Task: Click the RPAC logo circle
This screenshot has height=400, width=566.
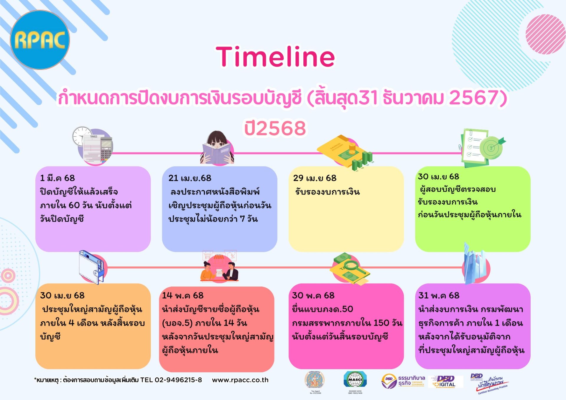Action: click(40, 40)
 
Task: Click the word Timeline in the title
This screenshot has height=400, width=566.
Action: click(275, 57)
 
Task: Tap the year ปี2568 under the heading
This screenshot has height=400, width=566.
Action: click(275, 128)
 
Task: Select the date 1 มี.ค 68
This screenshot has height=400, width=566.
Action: click(57, 178)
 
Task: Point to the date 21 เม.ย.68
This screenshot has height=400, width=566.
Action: click(190, 178)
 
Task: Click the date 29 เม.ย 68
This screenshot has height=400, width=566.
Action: click(315, 178)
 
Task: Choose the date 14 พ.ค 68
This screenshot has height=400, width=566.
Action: click(183, 295)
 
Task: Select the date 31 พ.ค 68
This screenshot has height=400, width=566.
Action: click(439, 295)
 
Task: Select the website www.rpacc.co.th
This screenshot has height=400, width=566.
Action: click(240, 380)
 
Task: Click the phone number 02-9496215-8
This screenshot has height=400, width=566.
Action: click(178, 380)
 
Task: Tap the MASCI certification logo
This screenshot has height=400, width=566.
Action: click(355, 380)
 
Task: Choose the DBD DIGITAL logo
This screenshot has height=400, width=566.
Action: click(447, 381)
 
